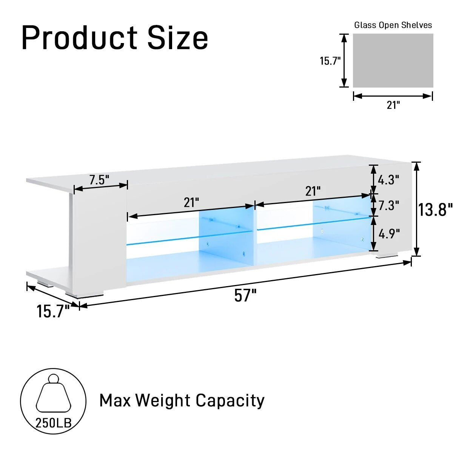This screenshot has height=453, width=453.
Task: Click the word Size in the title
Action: [178, 38]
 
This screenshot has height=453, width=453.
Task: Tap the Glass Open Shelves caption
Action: [393, 25]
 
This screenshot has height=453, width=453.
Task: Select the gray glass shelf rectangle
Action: [393, 61]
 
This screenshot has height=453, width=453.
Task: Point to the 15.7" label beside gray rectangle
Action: [330, 61]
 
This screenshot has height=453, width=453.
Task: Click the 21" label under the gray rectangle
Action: [393, 105]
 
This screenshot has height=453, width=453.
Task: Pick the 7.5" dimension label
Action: [99, 180]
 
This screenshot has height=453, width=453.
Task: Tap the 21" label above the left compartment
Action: [191, 203]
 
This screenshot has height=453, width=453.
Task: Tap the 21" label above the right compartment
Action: [313, 191]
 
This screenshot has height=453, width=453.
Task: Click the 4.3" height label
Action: [388, 180]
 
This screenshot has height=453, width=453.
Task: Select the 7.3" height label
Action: [388, 206]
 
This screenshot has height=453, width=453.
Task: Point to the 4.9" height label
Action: [389, 234]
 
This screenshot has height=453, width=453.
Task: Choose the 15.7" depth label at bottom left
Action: [53, 312]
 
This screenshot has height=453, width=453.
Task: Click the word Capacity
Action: [230, 401]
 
